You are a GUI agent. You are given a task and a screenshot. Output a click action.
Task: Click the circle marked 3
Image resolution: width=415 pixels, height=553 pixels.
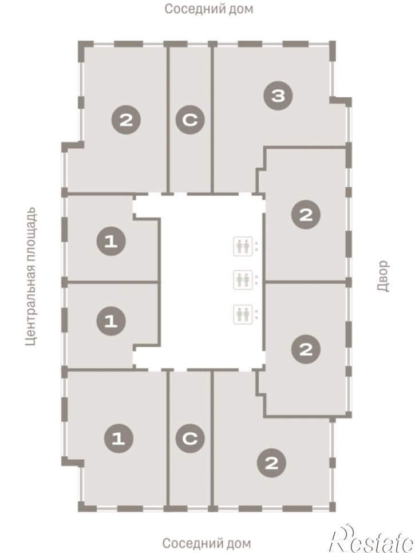(x=278, y=96)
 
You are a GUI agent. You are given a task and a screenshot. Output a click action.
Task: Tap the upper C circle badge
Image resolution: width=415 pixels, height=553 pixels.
(x=190, y=120)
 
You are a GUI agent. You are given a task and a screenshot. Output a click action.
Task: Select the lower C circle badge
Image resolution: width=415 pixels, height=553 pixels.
(x=190, y=439)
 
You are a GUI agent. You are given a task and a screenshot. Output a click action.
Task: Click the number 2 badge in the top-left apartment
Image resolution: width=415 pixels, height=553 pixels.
(x=126, y=120)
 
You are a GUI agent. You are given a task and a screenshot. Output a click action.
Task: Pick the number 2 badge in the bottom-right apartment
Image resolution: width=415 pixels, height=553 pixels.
(x=271, y=463)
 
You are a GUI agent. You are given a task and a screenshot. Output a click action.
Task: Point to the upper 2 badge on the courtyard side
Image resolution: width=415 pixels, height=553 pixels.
(x=306, y=215)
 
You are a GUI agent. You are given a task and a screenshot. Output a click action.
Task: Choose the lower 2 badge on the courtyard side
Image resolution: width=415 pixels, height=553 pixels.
(x=306, y=350)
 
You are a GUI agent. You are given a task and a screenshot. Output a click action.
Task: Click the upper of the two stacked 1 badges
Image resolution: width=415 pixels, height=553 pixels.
(x=111, y=242)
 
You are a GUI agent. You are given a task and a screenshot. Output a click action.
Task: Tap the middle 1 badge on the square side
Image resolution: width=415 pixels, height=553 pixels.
(x=111, y=321)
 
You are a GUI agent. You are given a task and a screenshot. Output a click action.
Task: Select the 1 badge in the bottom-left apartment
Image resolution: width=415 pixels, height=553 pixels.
(x=118, y=439)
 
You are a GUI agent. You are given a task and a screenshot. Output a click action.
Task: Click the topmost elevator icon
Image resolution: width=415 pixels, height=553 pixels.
(x=243, y=246)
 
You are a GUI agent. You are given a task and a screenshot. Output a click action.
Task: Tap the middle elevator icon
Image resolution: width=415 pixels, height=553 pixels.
(x=243, y=280)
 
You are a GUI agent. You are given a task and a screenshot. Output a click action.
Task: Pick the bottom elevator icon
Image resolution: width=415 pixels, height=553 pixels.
(x=243, y=314)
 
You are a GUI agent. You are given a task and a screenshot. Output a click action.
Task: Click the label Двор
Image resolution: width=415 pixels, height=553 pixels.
(x=384, y=276)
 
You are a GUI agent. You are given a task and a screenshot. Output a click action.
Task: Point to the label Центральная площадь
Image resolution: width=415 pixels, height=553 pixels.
(x=31, y=276)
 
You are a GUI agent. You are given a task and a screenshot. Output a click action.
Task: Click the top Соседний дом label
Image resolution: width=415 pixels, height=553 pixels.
(x=209, y=9)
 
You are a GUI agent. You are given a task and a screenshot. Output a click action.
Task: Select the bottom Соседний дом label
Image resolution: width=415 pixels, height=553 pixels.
(x=207, y=543)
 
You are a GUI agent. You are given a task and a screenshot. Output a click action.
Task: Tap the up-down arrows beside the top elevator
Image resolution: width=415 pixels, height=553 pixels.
(x=256, y=246)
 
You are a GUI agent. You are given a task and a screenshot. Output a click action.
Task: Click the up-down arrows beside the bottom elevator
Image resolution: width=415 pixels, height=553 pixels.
(x=256, y=314)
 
